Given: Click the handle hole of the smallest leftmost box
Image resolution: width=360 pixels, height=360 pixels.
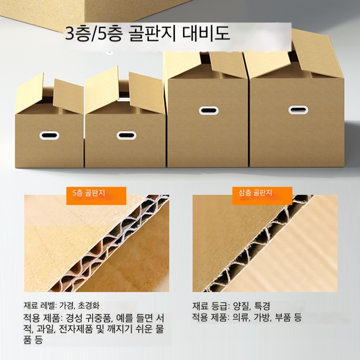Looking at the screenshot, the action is coord(49,135).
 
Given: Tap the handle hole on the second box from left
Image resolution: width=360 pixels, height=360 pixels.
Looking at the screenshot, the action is coord(126,135).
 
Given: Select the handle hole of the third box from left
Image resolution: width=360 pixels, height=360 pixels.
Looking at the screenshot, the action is coord(209,110).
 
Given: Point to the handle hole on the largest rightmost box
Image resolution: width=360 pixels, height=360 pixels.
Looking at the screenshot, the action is coord(298,110).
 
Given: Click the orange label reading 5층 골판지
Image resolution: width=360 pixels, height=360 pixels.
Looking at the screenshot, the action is coord(96,196).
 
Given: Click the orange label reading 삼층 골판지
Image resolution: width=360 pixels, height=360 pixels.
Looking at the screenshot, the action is coord(262,196).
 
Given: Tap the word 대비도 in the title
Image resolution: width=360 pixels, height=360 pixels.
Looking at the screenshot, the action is coord(206,33).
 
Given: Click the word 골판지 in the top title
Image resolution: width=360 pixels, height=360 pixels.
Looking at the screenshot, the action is coord(152,33).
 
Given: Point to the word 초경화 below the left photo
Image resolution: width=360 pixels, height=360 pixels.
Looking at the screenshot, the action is coord(89,306).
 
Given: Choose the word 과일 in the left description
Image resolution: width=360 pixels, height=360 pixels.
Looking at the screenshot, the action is coord(46,329).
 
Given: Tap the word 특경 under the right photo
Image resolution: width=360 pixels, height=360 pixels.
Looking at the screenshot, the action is coord(262,306).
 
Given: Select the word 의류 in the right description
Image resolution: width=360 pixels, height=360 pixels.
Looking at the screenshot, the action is coord(241,318).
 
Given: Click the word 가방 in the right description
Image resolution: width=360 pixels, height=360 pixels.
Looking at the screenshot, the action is coord(262,318).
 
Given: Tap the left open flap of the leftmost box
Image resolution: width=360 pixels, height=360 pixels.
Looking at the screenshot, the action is coord(29,93).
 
